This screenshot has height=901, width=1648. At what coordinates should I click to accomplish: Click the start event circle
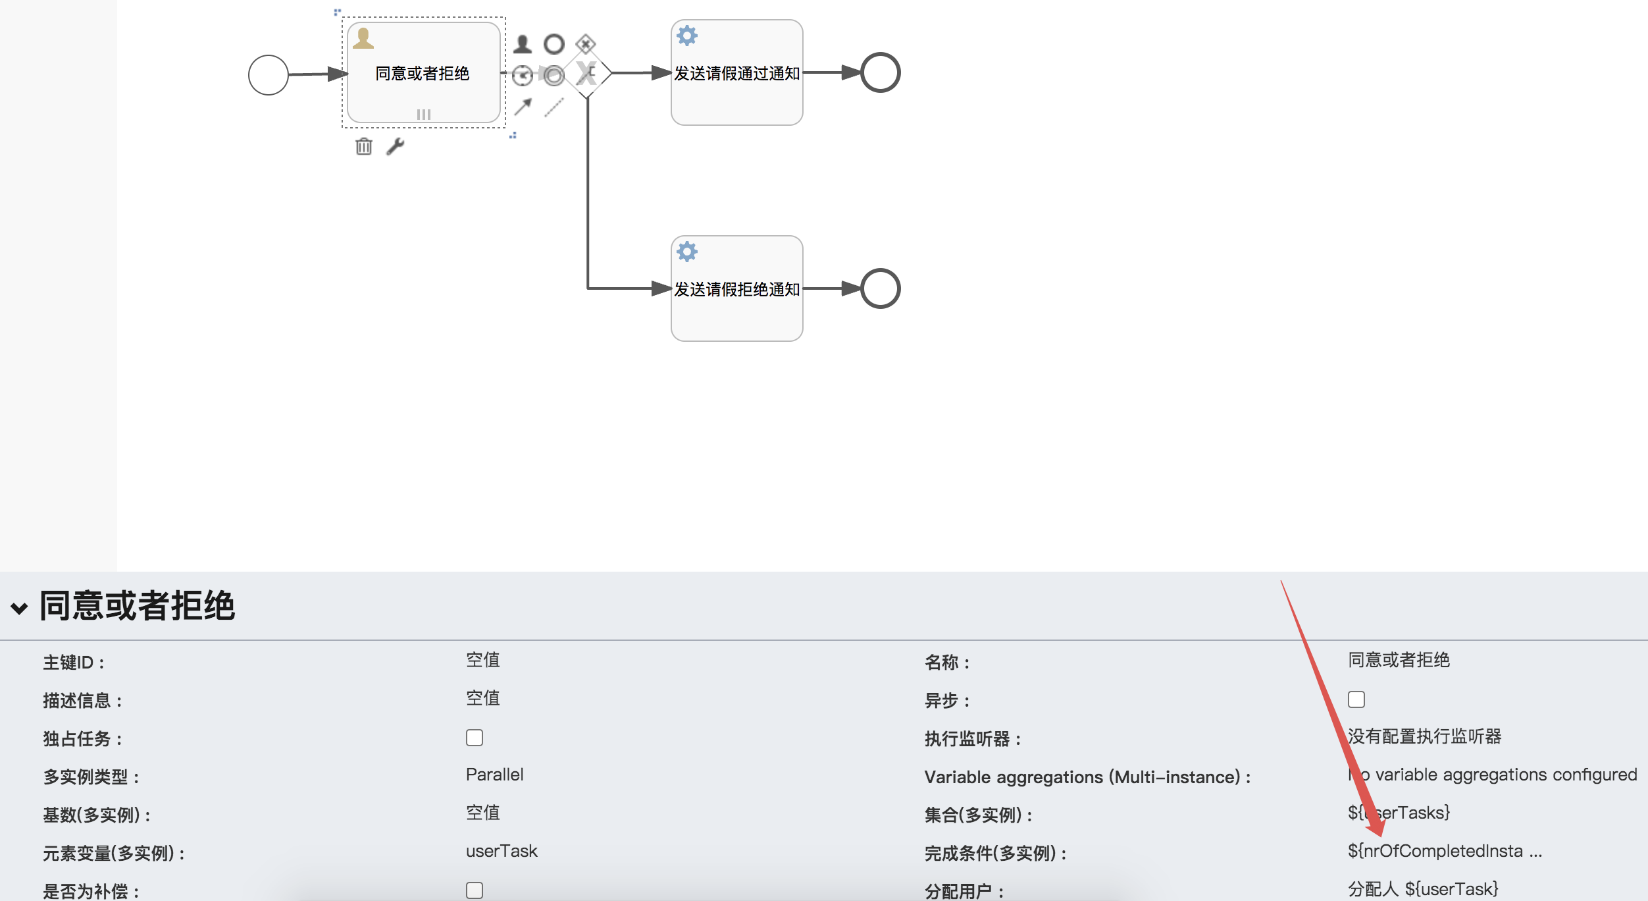268,75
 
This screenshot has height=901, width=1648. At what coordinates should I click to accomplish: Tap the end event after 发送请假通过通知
880,72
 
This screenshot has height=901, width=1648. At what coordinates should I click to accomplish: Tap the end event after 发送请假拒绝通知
880,288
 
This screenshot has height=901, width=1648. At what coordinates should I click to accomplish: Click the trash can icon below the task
364,146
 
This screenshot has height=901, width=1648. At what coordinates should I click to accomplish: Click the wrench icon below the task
395,146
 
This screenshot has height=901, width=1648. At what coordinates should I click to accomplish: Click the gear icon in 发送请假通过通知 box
686,36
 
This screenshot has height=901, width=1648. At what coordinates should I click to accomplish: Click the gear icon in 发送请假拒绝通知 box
686,252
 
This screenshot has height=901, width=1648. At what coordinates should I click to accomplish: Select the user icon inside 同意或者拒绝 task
363,39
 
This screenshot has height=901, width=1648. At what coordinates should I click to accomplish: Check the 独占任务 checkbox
475,738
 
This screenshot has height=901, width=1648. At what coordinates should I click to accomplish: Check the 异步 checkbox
1356,699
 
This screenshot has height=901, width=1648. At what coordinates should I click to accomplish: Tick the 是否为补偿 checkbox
475,890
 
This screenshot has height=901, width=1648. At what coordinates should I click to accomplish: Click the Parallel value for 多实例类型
494,775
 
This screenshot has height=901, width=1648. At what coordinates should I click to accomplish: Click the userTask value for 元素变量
502,851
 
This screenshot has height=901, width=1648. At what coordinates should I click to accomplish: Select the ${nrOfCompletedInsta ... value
1444,851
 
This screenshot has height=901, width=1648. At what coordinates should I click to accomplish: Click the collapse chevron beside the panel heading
20,608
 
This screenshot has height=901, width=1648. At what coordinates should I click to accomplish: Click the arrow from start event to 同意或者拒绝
316,74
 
